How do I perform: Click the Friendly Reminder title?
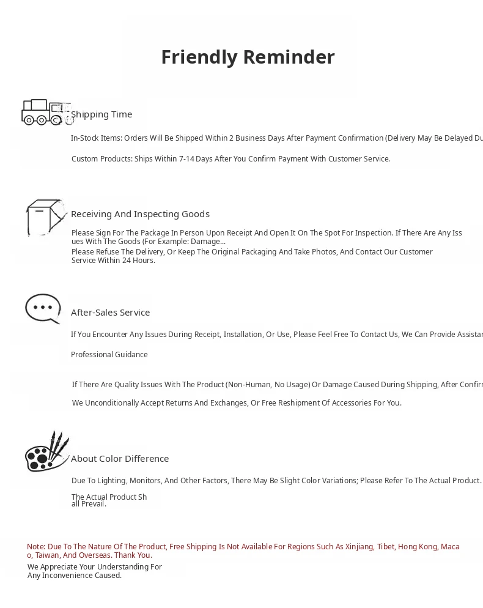pos(248,57)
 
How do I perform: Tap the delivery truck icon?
pos(46,113)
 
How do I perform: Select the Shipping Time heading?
pos(101,114)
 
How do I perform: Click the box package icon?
pos(45,217)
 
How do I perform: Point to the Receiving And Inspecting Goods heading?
pos(140,214)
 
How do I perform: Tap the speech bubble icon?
pos(43,308)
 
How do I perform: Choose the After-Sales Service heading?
pos(110,313)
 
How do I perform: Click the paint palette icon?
pos(46,453)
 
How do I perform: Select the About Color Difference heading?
pos(120,459)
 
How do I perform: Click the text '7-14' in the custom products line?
pos(186,159)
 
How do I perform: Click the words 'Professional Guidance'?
pos(109,355)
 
